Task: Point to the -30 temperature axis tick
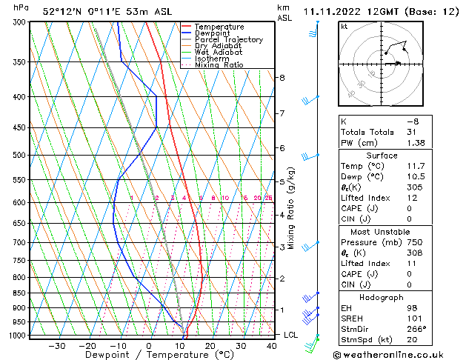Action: pyautogui.click(x=56, y=345)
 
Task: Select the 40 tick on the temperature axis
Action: pyautogui.click(x=272, y=345)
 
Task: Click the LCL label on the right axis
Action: pyautogui.click(x=292, y=335)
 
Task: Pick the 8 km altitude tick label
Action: pyautogui.click(x=282, y=78)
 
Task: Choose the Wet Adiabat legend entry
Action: pyautogui.click(x=218, y=53)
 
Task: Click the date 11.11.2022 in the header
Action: pyautogui.click(x=330, y=12)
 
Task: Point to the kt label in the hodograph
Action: pyautogui.click(x=344, y=27)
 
